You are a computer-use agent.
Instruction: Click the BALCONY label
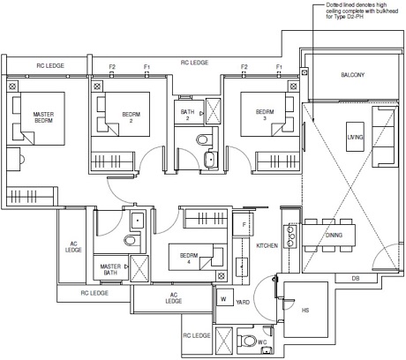pos(352,75)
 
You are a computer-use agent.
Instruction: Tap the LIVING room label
pos(355,137)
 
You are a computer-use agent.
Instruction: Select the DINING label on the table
pos(334,235)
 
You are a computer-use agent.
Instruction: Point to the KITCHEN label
pos(267,245)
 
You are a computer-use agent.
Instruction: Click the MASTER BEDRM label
pos(43,117)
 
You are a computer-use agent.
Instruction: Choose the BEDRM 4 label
pos(189,259)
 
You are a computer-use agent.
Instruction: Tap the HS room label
pos(305,310)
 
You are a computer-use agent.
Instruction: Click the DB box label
pos(356,278)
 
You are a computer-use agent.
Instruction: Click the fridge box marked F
pos(243,224)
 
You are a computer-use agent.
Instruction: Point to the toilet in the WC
pos(247,341)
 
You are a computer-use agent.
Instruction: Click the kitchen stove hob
pos(289,236)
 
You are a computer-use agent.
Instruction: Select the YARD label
pos(243,302)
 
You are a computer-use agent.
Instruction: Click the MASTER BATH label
pos(110,269)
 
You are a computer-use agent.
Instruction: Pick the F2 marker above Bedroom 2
pos(112,67)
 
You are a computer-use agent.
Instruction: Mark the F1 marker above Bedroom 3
pos(279,67)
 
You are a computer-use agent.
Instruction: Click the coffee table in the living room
pos(355,137)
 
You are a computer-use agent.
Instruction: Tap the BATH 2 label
pos(187,115)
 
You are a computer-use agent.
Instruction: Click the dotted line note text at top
pos(362,11)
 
